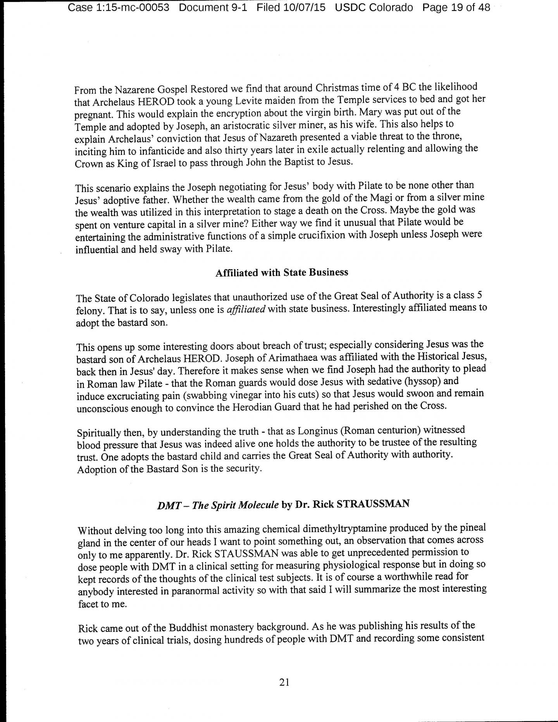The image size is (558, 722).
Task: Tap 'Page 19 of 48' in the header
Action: (x=456, y=7)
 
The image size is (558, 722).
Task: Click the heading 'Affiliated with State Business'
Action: (x=282, y=273)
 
